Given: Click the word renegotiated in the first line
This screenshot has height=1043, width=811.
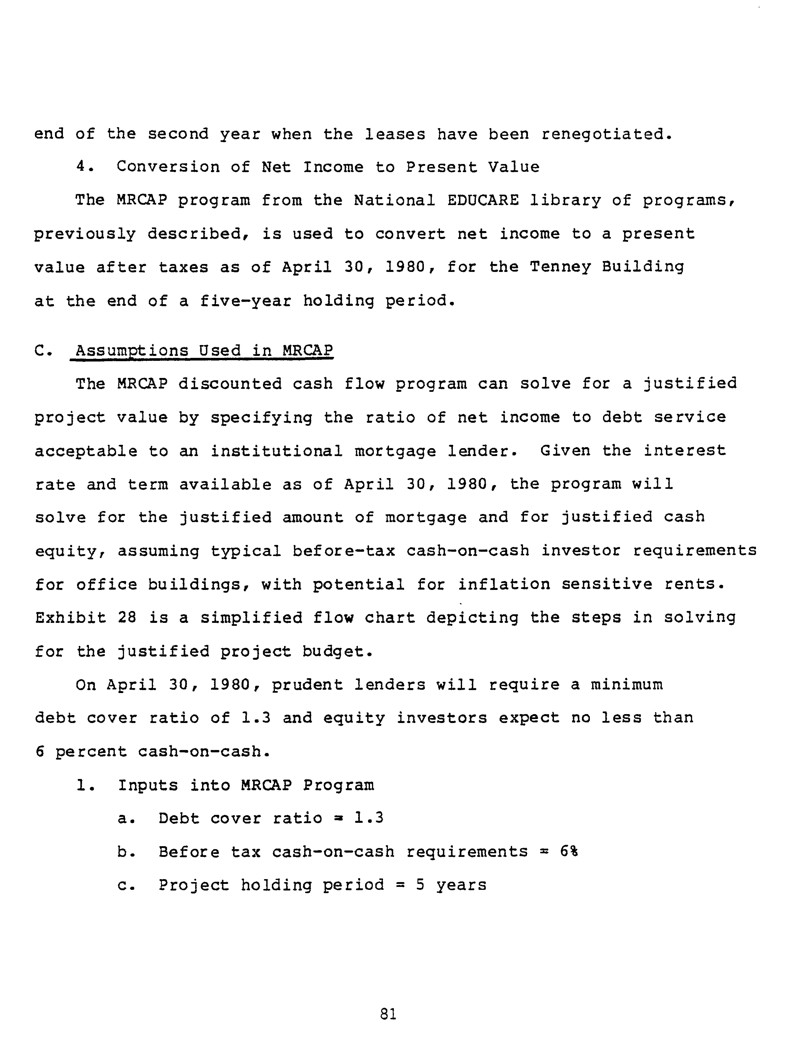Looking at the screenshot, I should pyautogui.click(x=607, y=134).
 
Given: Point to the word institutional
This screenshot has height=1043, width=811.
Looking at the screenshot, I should pyautogui.click(x=277, y=451).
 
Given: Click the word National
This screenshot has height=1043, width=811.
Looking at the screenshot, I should pyautogui.click(x=395, y=200).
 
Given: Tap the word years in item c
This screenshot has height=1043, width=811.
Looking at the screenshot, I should pyautogui.click(x=461, y=885).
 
